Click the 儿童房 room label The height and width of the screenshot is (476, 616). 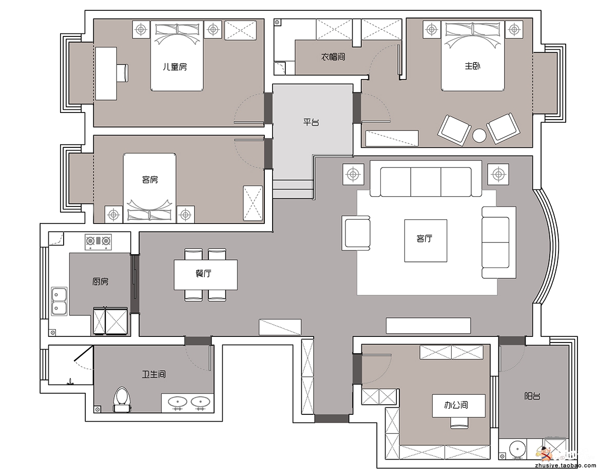click(175, 67)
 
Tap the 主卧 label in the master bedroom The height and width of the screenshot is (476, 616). click(472, 66)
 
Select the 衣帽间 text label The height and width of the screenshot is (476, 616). click(333, 57)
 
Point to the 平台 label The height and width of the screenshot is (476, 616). click(311, 122)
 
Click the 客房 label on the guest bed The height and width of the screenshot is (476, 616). click(150, 179)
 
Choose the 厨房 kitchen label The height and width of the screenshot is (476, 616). click(100, 281)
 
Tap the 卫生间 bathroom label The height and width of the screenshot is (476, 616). click(153, 374)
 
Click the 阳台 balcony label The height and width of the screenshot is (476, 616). click(532, 396)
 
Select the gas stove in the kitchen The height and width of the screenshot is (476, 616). click(98, 241)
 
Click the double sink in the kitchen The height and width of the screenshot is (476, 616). click(59, 301)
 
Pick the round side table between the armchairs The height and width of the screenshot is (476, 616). click(479, 136)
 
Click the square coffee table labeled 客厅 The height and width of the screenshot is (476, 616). click(426, 240)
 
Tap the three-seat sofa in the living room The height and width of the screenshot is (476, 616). click(426, 179)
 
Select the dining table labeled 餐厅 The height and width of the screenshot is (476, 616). click(205, 274)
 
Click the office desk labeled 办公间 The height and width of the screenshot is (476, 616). click(459, 406)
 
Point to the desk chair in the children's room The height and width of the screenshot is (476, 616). click(123, 73)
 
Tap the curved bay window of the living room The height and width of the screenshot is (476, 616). click(546, 246)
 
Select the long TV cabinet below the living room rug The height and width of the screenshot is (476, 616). click(428, 326)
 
